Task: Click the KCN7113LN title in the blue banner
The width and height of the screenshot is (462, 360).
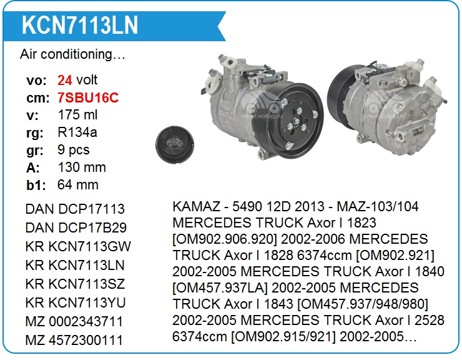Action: point(80,26)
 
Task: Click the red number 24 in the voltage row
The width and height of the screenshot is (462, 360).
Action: point(64,80)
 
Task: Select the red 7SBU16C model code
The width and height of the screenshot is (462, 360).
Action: point(88,97)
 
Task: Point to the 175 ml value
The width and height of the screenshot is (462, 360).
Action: point(77,115)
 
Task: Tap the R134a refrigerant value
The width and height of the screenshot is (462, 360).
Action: point(77,132)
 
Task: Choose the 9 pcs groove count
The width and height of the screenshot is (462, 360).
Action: point(74,150)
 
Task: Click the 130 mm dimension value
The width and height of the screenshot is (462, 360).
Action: point(82,167)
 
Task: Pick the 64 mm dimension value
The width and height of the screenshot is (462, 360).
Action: point(78,185)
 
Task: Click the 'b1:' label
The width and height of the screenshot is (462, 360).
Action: point(36,185)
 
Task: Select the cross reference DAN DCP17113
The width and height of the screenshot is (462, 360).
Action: point(75,209)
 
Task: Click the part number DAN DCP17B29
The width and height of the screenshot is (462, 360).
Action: point(76,227)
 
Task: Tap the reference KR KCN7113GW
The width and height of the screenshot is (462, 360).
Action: point(78,246)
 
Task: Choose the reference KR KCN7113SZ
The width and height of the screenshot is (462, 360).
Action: point(75,284)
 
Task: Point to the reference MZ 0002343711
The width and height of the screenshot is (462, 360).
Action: point(74,321)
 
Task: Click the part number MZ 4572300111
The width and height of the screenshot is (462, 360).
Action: point(74,340)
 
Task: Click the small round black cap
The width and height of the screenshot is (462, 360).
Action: point(175,144)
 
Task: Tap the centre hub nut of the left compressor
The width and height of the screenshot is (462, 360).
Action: point(296,121)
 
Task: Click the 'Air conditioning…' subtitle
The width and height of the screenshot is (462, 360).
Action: point(73,54)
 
